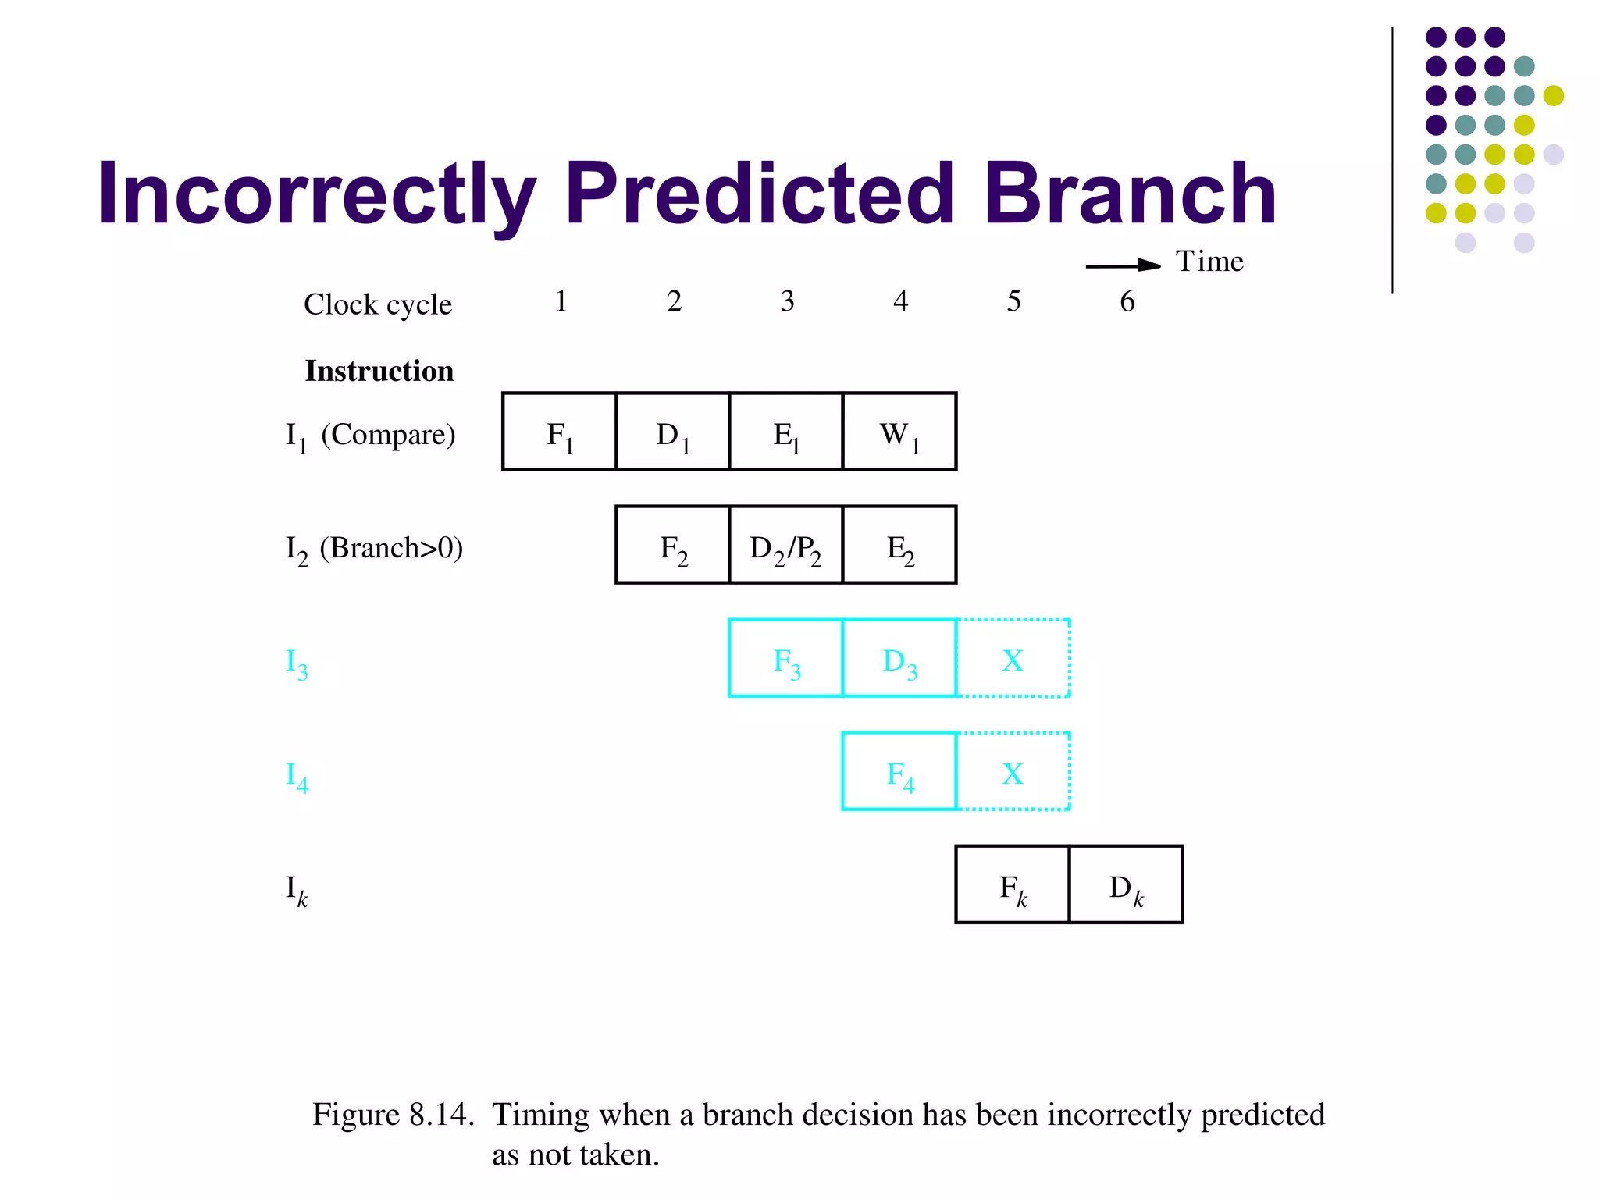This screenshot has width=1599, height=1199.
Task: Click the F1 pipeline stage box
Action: (x=559, y=432)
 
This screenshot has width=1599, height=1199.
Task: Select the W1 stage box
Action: (x=899, y=432)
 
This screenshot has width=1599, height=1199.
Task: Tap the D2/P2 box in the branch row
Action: (x=785, y=545)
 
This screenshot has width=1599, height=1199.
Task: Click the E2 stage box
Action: (x=899, y=545)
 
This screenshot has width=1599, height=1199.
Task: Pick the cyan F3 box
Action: (x=785, y=658)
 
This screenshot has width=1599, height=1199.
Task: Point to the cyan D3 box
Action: (x=899, y=658)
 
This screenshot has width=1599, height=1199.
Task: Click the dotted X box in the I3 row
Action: (x=1013, y=658)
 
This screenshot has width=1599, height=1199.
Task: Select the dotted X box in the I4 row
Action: (x=1013, y=771)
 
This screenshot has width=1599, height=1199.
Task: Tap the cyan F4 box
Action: (x=899, y=771)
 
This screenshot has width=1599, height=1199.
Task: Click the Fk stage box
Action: (x=1013, y=884)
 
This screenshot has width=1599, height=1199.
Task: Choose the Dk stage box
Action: (x=1126, y=884)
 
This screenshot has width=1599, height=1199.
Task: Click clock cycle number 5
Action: (x=1013, y=301)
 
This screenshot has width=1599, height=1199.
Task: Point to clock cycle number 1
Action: (x=561, y=301)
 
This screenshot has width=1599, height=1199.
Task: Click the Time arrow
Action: (x=1123, y=265)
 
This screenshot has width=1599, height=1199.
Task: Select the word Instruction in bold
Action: (x=379, y=371)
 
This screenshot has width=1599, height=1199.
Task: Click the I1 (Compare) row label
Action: (x=370, y=436)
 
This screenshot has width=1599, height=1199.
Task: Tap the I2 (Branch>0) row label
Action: (x=374, y=549)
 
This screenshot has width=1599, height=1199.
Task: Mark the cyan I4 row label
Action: (x=297, y=776)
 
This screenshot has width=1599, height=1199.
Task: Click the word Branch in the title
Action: (x=1129, y=194)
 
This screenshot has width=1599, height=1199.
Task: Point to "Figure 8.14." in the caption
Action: (x=394, y=1115)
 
